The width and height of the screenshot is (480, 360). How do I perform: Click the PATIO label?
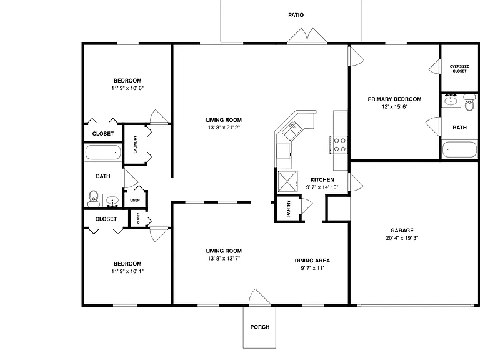pos(296,15)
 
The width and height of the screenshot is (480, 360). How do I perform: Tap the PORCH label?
pos(260,327)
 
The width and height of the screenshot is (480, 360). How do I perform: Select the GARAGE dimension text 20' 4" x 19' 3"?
pos(402,238)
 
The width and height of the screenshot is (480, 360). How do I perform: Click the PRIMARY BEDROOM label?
pos(394,99)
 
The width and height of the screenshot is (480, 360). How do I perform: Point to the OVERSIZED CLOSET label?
pos(459,69)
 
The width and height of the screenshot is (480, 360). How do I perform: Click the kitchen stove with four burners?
pos(339,145)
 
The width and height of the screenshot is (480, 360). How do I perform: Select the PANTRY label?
pos(288,209)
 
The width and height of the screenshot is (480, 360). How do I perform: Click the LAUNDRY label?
pos(135,144)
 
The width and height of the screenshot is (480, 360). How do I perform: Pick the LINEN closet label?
pos(135,201)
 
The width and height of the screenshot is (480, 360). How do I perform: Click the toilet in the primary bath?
pos(469,102)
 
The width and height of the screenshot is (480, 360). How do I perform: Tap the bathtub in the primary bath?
pos(459,149)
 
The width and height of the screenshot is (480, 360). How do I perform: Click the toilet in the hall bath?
pos(94,199)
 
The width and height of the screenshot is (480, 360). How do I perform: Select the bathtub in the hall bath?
pos(103,152)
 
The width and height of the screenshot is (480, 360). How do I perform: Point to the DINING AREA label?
pos(312,261)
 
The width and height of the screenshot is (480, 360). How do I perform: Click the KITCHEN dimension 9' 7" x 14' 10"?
pos(322,187)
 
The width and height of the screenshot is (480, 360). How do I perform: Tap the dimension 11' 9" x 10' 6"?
pos(127,88)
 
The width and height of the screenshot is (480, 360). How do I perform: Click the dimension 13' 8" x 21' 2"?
pos(224,127)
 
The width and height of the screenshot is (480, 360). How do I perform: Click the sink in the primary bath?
pos(451,101)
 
